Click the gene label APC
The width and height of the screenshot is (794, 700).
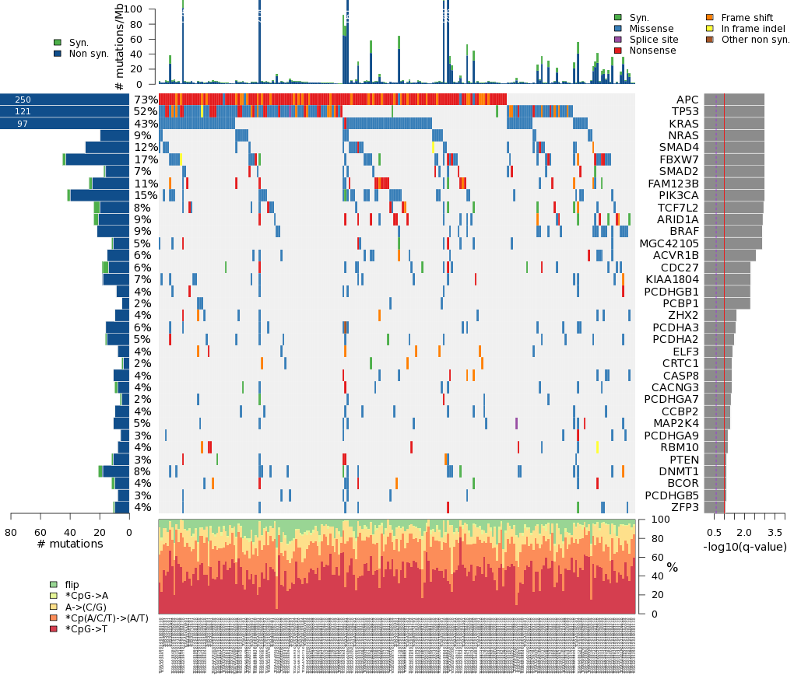(x=687, y=100)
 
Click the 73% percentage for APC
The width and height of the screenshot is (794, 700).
(x=146, y=100)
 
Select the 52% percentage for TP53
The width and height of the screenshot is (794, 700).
(x=146, y=111)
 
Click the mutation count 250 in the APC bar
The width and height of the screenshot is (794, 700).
(x=23, y=100)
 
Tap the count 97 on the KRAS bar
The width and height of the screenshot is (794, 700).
(x=23, y=124)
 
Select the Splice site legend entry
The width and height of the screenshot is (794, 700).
(x=652, y=40)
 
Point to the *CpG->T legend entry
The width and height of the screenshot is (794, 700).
(x=86, y=628)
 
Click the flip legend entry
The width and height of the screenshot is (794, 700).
(x=72, y=584)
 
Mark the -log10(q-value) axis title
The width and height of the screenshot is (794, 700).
(x=745, y=547)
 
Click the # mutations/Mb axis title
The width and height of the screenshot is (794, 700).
(x=119, y=47)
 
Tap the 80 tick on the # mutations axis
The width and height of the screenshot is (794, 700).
(x=11, y=532)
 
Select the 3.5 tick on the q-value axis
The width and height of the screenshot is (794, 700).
(x=775, y=532)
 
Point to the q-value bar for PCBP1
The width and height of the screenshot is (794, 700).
(x=727, y=303)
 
